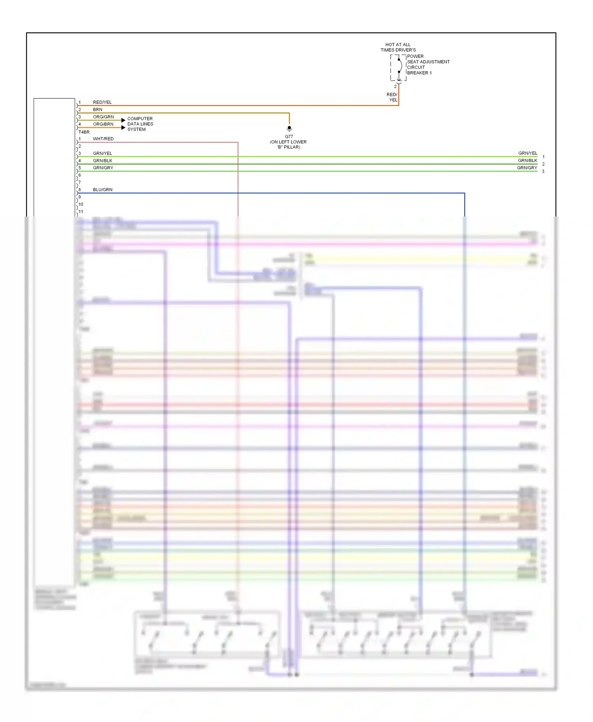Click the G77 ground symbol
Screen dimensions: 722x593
(289, 128)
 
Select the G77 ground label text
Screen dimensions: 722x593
(289, 137)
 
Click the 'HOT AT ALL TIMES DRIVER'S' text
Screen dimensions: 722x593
(398, 47)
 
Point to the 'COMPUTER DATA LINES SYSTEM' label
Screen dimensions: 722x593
(140, 124)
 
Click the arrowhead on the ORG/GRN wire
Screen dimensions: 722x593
(123, 120)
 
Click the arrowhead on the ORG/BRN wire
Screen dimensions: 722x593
(123, 128)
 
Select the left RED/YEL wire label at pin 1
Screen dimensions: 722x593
(102, 102)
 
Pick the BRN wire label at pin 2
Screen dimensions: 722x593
(98, 110)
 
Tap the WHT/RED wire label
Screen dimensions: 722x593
(103, 139)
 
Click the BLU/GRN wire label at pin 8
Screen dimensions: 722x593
(103, 190)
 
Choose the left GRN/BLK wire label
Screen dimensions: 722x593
(103, 161)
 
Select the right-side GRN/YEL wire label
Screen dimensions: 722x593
(528, 153)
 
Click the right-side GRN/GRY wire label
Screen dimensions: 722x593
(527, 168)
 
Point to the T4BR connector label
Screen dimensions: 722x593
(84, 132)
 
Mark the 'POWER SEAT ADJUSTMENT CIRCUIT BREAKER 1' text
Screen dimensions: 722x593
(428, 65)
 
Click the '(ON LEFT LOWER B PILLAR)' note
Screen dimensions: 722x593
(288, 145)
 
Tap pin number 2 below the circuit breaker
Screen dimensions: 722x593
(395, 86)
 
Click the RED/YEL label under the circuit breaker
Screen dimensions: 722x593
(392, 97)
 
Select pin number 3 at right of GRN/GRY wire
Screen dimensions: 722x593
(543, 171)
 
